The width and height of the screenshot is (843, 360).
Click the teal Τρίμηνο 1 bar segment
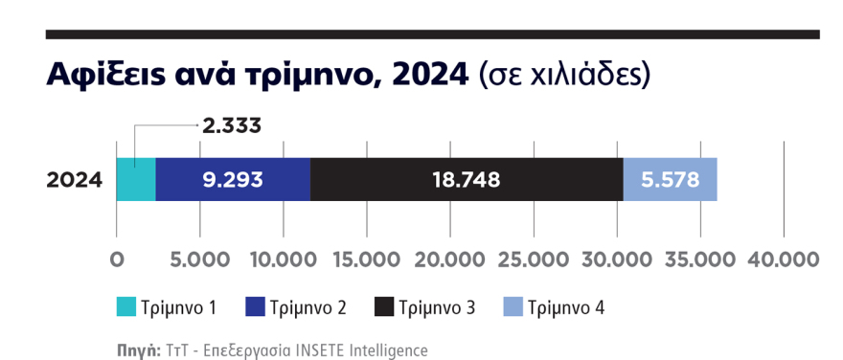136,179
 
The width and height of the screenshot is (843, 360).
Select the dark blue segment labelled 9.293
233,179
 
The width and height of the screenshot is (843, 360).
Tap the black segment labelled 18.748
467,179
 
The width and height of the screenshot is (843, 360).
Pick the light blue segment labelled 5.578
670,179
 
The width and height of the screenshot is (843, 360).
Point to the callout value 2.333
230,125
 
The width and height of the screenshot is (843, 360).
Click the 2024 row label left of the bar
75,179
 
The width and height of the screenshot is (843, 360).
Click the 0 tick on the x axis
116,259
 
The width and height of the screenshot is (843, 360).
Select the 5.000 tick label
199,259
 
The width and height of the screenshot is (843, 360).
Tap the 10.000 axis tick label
284,259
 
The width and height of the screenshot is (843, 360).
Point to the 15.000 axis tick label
367,259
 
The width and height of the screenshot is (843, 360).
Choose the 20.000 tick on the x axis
450,259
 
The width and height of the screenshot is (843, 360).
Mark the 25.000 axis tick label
534,259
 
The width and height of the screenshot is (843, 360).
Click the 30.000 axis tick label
617,259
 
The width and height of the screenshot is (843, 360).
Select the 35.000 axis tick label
700,259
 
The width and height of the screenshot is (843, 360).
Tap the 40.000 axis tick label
784,259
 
